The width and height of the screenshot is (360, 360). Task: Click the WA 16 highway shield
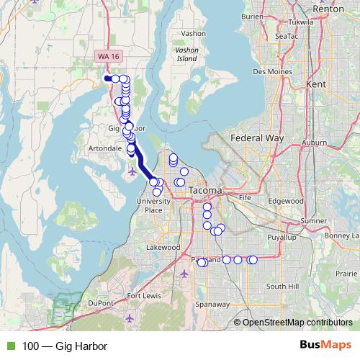(105, 56)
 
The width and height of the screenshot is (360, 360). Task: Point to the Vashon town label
(194, 33)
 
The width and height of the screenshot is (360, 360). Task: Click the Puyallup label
(282, 236)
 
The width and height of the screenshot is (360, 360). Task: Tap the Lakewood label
(163, 247)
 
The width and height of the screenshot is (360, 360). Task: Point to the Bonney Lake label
(341, 235)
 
